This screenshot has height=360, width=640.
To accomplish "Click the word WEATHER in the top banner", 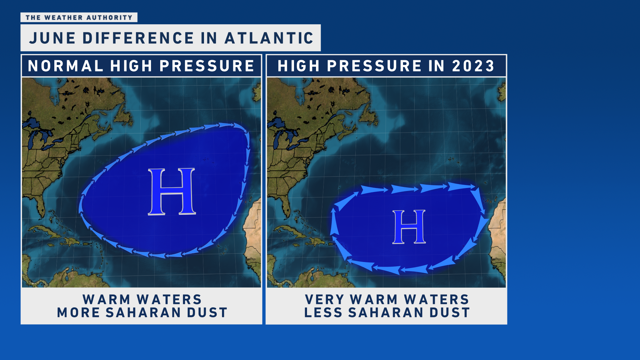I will tap(63, 18).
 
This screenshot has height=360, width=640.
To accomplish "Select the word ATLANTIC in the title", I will tap(269, 38).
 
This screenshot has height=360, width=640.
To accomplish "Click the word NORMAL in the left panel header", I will tap(65, 66).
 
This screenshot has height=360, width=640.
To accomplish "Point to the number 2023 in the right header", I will tap(473, 66).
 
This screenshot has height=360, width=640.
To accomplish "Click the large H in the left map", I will tap(172, 192).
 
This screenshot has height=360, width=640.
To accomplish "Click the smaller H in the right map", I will tap(409, 227).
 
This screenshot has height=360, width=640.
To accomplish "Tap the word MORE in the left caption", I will tap(78, 313).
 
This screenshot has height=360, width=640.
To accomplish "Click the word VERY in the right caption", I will tap(324, 299).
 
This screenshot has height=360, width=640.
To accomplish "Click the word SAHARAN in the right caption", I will tap(386, 313).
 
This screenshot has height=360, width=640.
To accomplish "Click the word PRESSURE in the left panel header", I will tap(207, 66).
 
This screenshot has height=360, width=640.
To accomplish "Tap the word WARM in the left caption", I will tap(107, 299).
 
